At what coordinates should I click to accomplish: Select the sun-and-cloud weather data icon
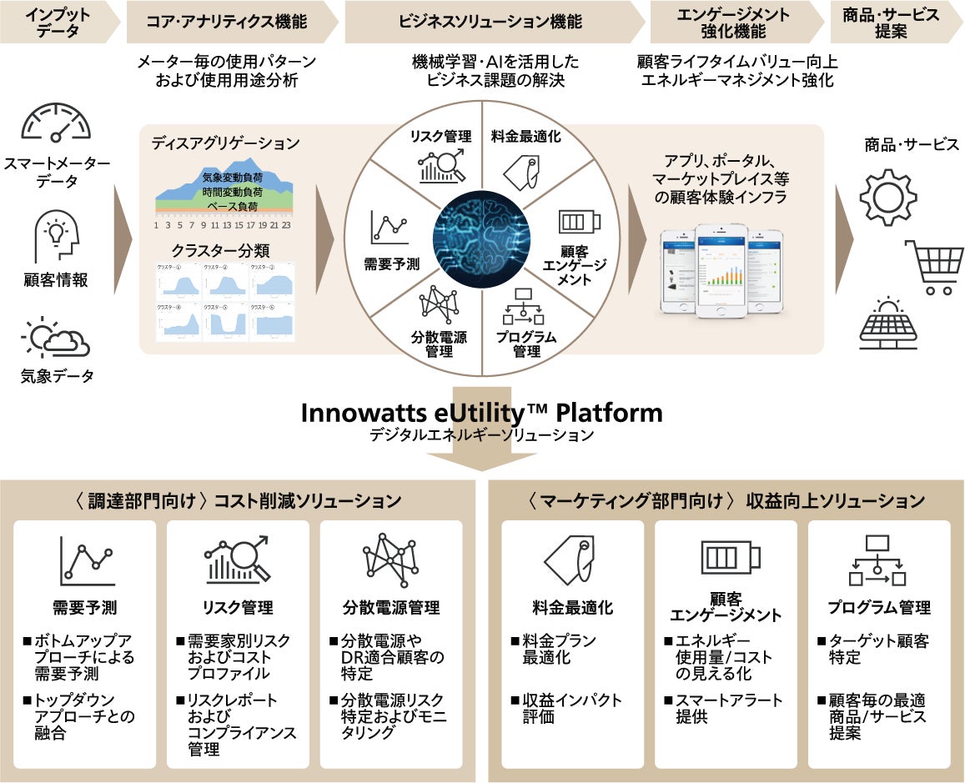56,338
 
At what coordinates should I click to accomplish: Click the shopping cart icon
933,267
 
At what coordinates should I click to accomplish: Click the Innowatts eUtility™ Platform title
482,413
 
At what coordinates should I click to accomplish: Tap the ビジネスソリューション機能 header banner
490,22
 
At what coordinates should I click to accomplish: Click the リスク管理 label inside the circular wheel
440,137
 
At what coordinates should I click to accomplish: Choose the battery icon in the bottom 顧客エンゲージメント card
731,555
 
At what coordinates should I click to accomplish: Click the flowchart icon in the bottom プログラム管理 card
877,560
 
